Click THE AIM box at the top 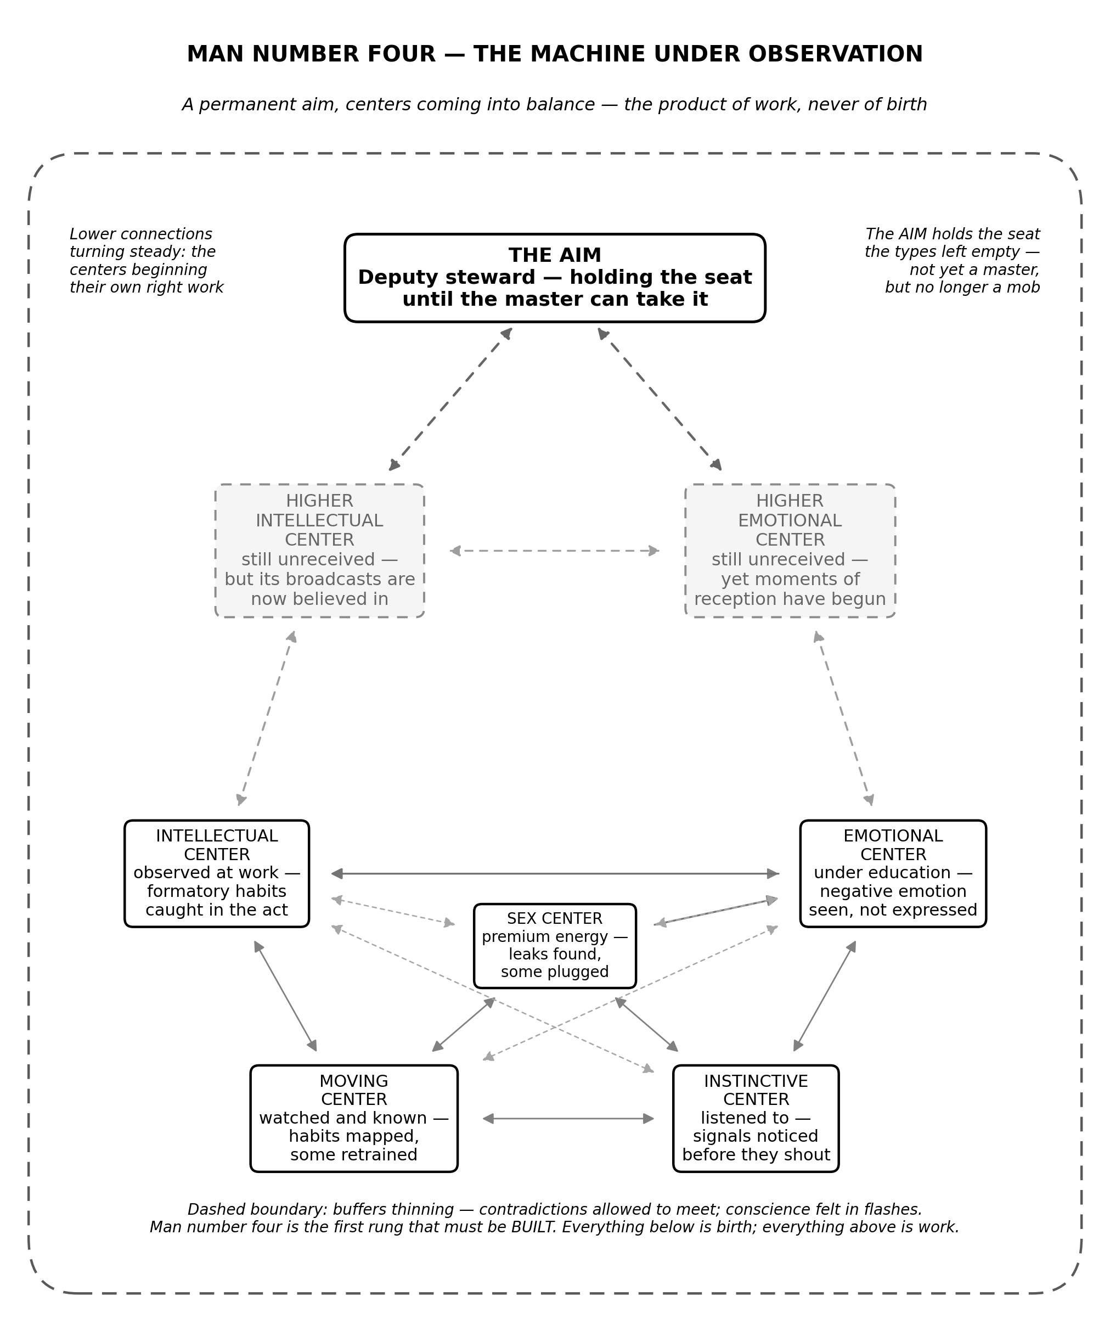555,278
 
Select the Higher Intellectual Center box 320,551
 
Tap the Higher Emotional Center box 790,551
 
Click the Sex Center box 555,946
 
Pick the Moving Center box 354,1119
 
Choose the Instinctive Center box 756,1119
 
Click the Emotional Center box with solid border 893,873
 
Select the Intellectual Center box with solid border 217,873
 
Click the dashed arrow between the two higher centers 555,551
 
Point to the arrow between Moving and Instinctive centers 568,1119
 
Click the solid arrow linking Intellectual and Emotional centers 555,874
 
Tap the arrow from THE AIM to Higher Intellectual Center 450,399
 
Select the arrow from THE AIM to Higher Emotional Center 660,399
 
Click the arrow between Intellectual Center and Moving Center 285,996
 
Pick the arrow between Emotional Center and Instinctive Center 825,996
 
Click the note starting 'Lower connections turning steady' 147,261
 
